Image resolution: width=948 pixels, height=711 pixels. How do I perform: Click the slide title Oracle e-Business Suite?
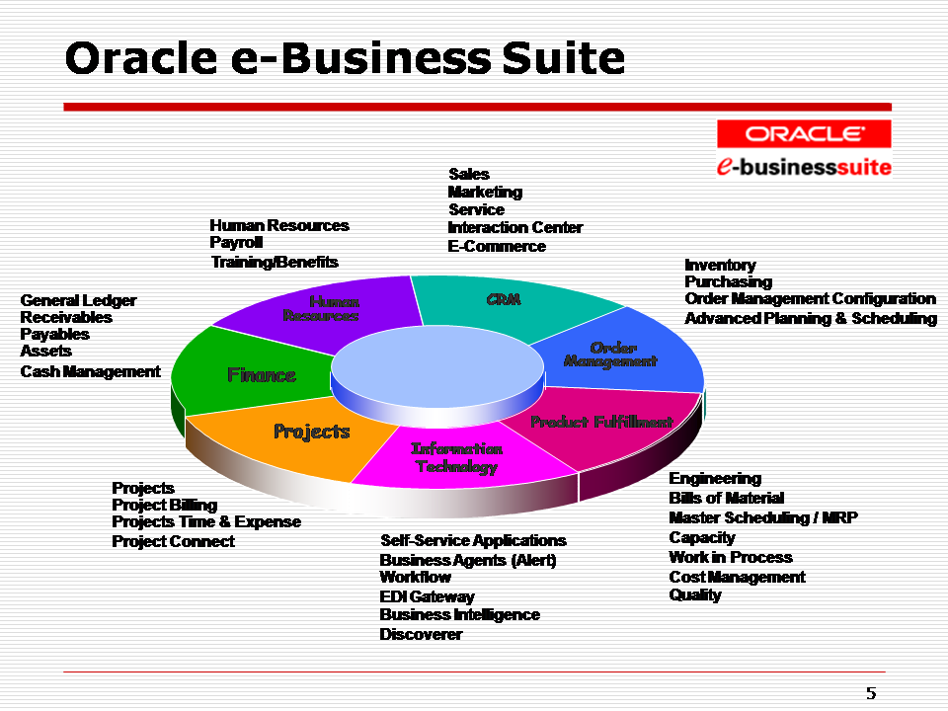[x=345, y=59]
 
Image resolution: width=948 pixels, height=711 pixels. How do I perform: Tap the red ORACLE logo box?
[x=804, y=133]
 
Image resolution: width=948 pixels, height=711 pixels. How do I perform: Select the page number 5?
[x=870, y=693]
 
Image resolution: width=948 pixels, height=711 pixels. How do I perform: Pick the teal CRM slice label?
[x=504, y=299]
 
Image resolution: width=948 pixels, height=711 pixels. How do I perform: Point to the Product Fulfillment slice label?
[x=601, y=422]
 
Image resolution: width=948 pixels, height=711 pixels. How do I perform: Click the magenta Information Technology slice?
[x=456, y=457]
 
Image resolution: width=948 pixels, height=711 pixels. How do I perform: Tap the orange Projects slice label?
[x=311, y=432]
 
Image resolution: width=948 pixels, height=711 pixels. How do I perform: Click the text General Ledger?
[x=78, y=300]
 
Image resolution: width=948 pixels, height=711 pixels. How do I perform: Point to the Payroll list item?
[x=236, y=243]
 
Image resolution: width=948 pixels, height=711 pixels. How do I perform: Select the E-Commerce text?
[x=497, y=246]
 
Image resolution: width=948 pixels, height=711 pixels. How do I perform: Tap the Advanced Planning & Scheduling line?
[x=811, y=318]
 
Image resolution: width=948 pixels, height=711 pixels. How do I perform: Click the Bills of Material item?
[x=726, y=498]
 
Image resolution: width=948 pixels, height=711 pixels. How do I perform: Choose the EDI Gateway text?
[x=427, y=596]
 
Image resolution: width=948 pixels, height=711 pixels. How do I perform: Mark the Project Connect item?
[x=173, y=541]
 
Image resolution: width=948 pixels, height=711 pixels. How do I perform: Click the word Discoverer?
[x=421, y=634]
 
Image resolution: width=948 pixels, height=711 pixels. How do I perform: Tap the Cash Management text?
[x=90, y=371]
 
